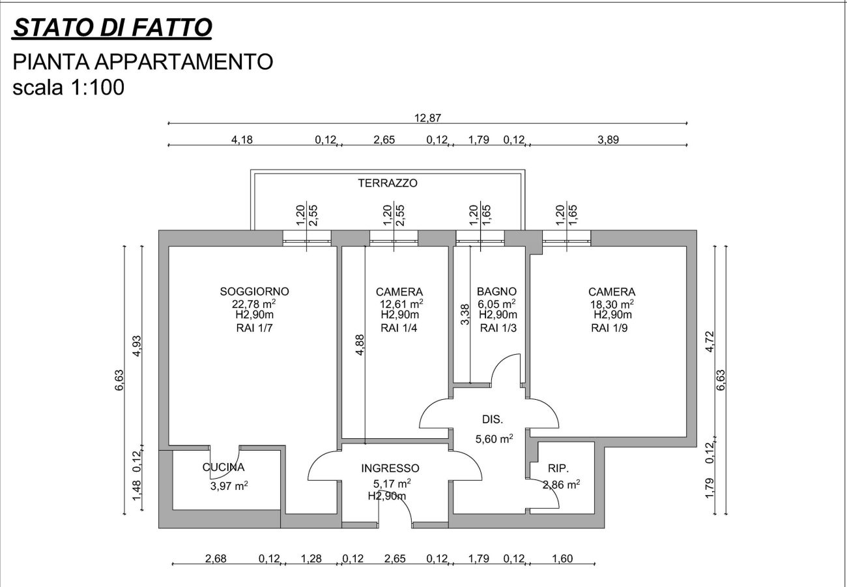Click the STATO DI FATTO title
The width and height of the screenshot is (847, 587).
tap(112, 27)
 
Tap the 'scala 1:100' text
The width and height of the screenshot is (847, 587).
tap(68, 87)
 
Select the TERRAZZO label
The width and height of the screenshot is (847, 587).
tap(388, 183)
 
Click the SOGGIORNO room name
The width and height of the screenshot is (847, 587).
tap(254, 292)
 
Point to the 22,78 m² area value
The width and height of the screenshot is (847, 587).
tap(253, 303)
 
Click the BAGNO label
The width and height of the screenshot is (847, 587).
tap(496, 292)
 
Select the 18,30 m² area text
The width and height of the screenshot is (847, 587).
tap(612, 304)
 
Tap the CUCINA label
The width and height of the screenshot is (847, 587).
tap(223, 467)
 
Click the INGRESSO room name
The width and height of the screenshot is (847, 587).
tap(390, 468)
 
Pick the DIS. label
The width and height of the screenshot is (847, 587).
tap(493, 419)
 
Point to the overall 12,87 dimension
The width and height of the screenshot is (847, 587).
tap(427, 118)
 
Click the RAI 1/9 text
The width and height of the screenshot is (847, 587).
tap(610, 328)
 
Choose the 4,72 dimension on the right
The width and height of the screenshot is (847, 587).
tap(710, 341)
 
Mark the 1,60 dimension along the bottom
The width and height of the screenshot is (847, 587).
tap(562, 558)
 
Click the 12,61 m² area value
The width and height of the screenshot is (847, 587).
tap(401, 304)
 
